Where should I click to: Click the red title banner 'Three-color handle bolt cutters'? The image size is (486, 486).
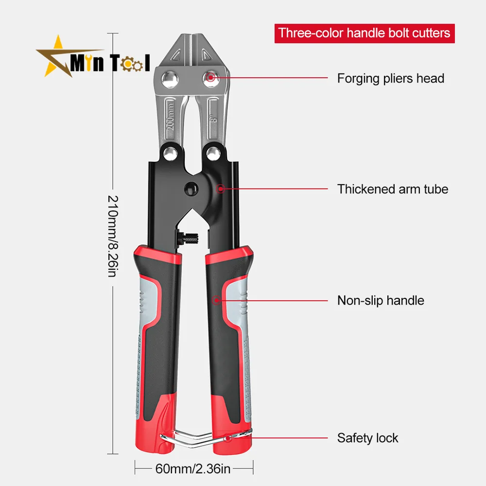(364, 33)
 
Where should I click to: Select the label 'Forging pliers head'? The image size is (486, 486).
(391, 78)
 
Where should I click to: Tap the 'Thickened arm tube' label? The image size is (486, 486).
(393, 189)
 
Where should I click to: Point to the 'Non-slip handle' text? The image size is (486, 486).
(381, 300)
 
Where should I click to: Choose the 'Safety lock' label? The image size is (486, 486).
(367, 438)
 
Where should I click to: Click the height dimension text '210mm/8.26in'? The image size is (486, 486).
(113, 236)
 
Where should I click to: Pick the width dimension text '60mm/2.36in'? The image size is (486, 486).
(193, 469)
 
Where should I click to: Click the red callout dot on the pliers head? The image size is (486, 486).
(211, 77)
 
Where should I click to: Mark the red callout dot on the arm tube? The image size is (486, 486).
(221, 189)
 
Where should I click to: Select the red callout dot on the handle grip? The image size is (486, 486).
(216, 300)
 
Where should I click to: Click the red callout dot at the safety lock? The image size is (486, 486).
(228, 438)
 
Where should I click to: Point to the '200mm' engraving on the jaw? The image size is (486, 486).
(171, 117)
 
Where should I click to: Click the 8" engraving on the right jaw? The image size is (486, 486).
(213, 119)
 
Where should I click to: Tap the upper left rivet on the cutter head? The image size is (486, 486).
(170, 79)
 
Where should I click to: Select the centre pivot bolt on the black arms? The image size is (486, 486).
(191, 189)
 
